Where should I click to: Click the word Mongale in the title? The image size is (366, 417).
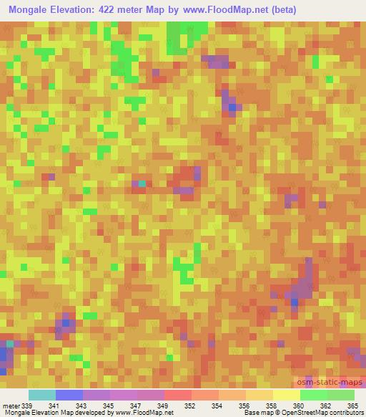tap(33, 11)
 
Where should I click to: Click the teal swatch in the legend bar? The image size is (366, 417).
tap(41, 396)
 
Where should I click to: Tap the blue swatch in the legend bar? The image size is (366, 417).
tap(69, 396)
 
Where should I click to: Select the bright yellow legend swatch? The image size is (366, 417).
tap(286, 396)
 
